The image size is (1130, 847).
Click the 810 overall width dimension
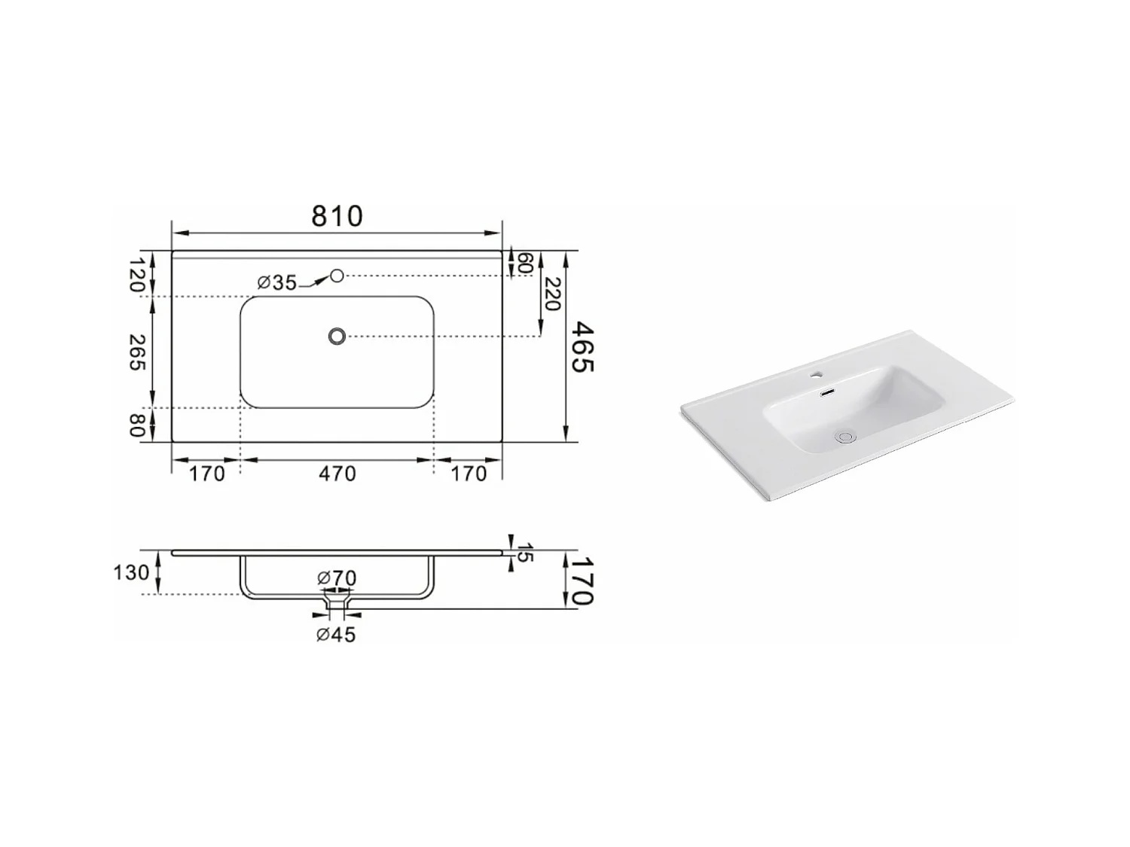click(337, 216)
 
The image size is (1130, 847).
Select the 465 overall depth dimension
click(582, 346)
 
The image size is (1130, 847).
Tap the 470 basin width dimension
click(337, 474)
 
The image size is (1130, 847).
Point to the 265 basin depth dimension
click(136, 352)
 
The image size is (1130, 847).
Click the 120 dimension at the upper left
click(136, 274)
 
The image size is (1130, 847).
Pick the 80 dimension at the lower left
click(136, 425)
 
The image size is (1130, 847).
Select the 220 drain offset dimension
click(552, 294)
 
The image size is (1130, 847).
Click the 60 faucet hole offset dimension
click(525, 264)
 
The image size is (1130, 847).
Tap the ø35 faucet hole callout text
click(276, 283)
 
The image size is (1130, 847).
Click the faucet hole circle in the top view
click(337, 276)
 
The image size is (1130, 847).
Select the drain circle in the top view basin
click(337, 336)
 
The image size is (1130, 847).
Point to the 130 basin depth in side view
click(131, 573)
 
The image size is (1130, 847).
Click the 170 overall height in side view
click(582, 580)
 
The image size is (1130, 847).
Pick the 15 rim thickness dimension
click(525, 551)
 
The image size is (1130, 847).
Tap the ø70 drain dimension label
click(337, 578)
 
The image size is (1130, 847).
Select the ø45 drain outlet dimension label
click(336, 635)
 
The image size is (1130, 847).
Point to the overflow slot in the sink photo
click(828, 392)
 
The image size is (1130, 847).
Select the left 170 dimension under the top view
click(206, 474)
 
